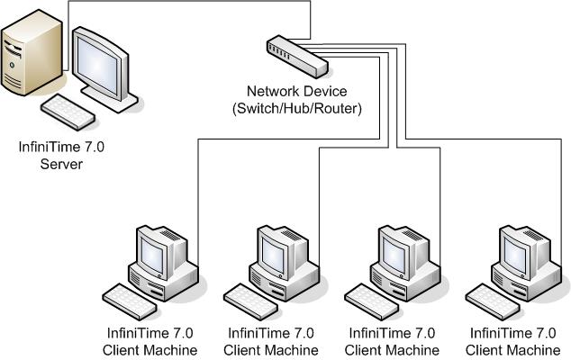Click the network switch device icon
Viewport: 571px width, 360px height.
296,55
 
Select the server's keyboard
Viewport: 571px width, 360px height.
68,111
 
